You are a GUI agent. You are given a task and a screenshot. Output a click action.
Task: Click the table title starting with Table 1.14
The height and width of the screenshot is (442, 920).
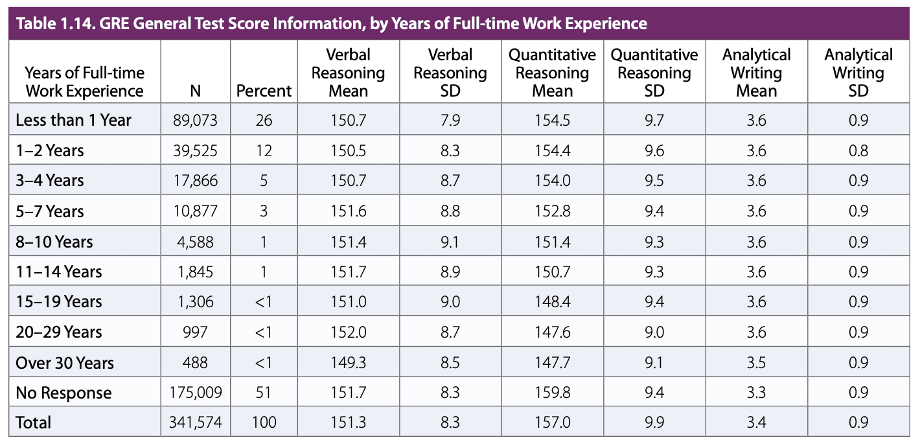click(x=331, y=24)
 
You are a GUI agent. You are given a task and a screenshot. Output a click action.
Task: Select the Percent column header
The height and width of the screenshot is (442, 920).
click(x=264, y=91)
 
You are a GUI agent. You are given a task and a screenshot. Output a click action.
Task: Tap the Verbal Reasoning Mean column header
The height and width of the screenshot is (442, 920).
click(x=348, y=73)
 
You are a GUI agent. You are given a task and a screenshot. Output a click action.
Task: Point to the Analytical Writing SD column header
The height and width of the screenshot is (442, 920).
click(x=858, y=73)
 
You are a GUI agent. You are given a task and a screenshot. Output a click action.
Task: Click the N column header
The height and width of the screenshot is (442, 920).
click(x=195, y=91)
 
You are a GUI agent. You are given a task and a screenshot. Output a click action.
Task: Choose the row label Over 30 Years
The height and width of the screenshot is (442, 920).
click(x=64, y=362)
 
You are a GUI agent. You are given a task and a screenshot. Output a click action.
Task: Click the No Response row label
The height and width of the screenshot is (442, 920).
click(x=63, y=393)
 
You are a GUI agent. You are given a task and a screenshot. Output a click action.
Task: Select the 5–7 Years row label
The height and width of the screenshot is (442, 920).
click(x=50, y=211)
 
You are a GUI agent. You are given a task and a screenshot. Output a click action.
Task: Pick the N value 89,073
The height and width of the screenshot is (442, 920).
click(x=195, y=121)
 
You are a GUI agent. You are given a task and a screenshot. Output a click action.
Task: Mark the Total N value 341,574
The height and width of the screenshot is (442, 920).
click(x=195, y=423)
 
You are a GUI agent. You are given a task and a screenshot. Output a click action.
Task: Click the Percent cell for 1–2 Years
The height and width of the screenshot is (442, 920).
click(x=264, y=151)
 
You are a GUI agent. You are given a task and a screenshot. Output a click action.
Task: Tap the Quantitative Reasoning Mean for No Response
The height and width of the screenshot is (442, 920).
click(x=552, y=393)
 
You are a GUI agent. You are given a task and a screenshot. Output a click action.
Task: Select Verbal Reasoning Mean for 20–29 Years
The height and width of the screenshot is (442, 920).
click(x=348, y=332)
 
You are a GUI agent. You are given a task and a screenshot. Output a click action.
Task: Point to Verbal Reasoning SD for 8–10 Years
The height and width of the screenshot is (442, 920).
click(x=450, y=242)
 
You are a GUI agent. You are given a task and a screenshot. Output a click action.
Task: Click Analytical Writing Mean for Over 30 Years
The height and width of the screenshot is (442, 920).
click(x=756, y=362)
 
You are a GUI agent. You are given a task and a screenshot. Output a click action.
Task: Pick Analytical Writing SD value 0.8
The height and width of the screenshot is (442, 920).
click(x=858, y=151)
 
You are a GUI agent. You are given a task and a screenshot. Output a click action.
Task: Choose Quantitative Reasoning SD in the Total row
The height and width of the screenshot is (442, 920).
click(x=654, y=423)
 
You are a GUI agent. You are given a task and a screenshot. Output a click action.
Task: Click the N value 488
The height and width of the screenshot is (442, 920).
click(x=195, y=362)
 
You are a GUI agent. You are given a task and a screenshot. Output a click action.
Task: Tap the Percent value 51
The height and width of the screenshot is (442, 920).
click(x=264, y=393)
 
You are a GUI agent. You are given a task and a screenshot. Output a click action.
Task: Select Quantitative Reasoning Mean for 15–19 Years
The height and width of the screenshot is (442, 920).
click(x=552, y=302)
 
